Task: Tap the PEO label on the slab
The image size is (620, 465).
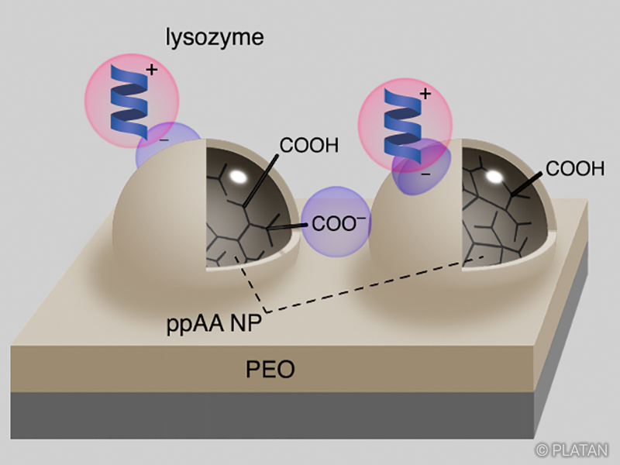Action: click(x=270, y=369)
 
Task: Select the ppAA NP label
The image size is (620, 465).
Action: click(x=214, y=324)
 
